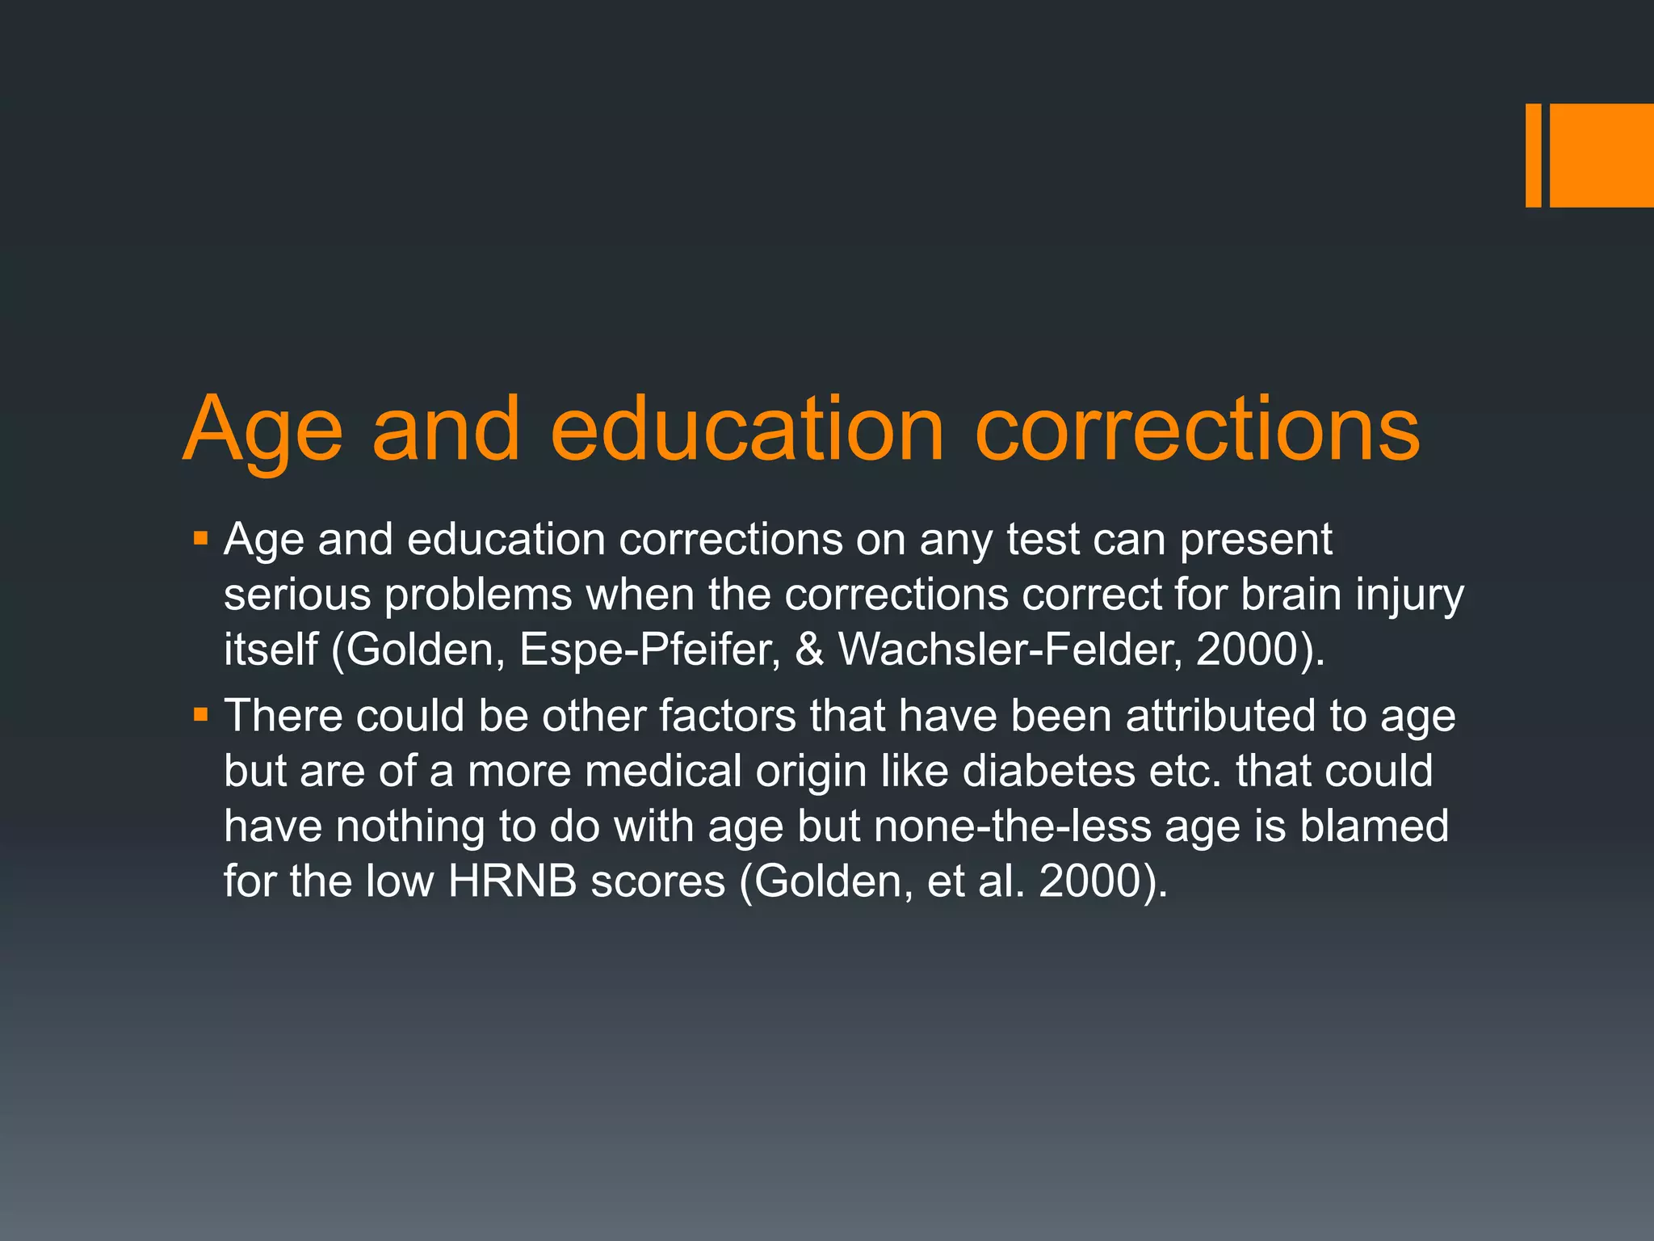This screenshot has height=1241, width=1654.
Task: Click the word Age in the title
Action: (262, 431)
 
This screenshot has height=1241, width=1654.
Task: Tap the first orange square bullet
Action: (201, 537)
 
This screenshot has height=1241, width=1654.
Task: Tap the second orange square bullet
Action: (201, 714)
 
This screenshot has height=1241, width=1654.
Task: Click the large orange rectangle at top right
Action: (1601, 155)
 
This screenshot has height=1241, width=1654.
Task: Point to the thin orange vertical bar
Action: (1533, 155)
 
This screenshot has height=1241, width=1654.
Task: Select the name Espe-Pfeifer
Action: (649, 649)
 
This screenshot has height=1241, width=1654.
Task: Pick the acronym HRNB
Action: (512, 881)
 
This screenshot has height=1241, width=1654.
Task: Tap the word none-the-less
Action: (1012, 826)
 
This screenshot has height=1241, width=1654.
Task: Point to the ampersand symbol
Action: (809, 649)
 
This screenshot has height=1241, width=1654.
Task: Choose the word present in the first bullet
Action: (1256, 541)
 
